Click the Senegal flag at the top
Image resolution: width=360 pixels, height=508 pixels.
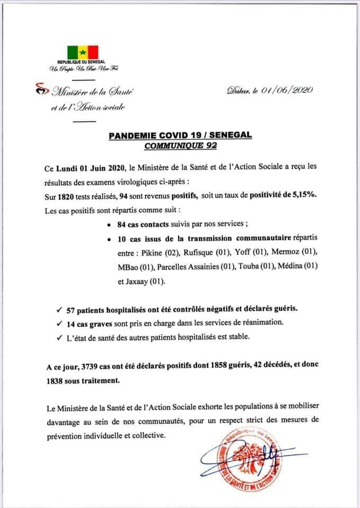tap(82, 52)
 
